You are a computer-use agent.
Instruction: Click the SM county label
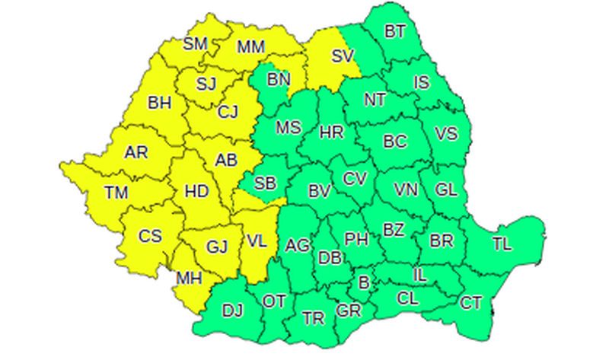click(196, 43)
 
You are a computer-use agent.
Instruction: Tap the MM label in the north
click(250, 47)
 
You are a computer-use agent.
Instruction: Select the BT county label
click(394, 32)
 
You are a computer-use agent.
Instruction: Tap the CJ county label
click(228, 113)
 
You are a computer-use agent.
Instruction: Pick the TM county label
click(116, 193)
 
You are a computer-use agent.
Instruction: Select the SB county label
click(265, 183)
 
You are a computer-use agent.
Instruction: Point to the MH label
click(188, 279)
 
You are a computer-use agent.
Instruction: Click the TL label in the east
click(502, 244)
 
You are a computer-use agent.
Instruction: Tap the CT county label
click(471, 303)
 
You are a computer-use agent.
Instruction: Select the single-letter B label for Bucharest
click(364, 283)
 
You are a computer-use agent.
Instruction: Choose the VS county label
click(446, 133)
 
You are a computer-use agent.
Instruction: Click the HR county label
click(332, 132)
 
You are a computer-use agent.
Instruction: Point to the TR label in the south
click(312, 317)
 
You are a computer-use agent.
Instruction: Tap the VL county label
click(257, 242)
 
